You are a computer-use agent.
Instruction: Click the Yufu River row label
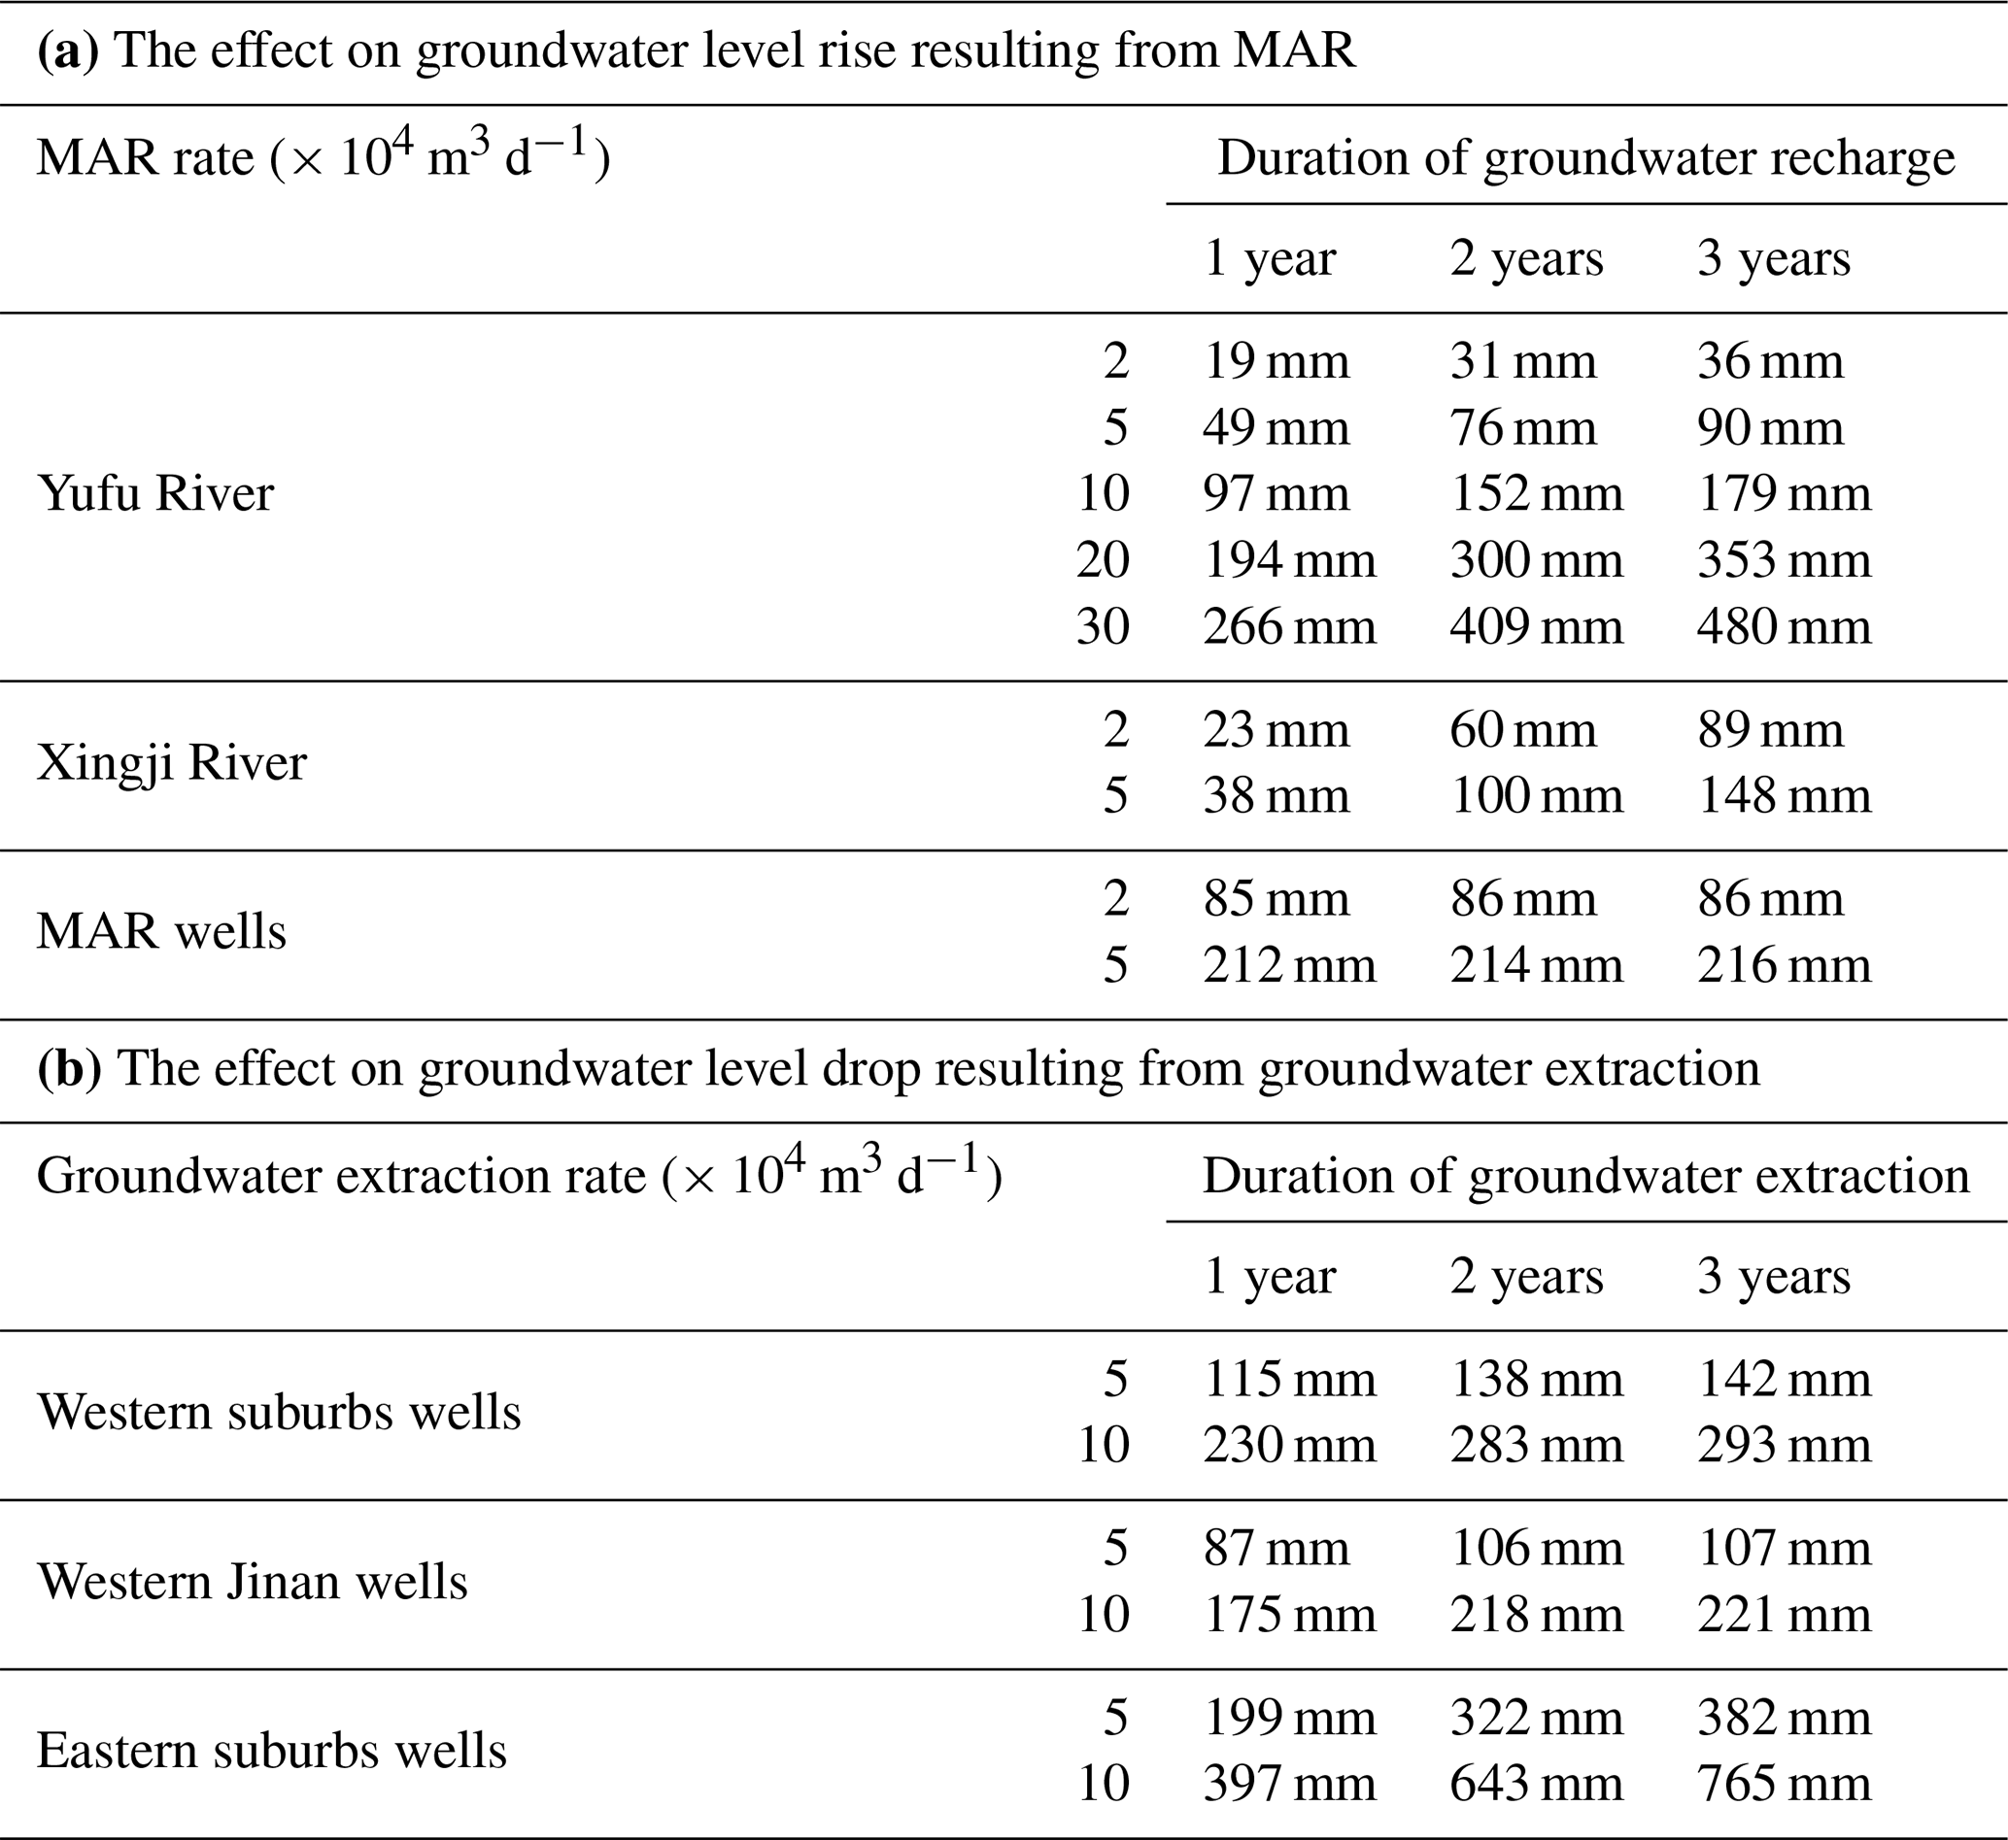click(x=155, y=493)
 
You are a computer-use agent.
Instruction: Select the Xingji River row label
click(x=171, y=762)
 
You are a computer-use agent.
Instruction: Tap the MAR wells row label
click(x=161, y=932)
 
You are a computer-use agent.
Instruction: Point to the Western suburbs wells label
click(x=279, y=1412)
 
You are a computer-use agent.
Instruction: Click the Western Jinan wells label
click(x=252, y=1581)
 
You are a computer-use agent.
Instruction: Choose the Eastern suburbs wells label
click(x=272, y=1751)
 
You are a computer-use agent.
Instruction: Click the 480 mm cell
click(x=1784, y=626)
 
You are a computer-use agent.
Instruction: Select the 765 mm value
click(x=1784, y=1784)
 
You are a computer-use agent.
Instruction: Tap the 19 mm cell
click(x=1276, y=360)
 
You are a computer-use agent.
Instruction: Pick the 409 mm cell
click(x=1536, y=626)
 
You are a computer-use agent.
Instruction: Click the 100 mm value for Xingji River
click(x=1536, y=795)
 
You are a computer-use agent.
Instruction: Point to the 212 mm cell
click(x=1289, y=965)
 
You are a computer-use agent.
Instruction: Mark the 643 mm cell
click(x=1536, y=1784)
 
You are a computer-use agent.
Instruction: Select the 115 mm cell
click(x=1289, y=1379)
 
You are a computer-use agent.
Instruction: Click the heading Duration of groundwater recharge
click(x=1585, y=157)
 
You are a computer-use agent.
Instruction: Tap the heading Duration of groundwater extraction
click(x=1585, y=1176)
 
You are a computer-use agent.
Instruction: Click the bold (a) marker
click(x=68, y=50)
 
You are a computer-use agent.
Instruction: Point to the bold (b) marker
click(x=69, y=1068)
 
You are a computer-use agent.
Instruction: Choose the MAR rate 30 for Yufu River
click(x=1103, y=626)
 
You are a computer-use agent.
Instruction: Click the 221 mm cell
click(x=1784, y=1614)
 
